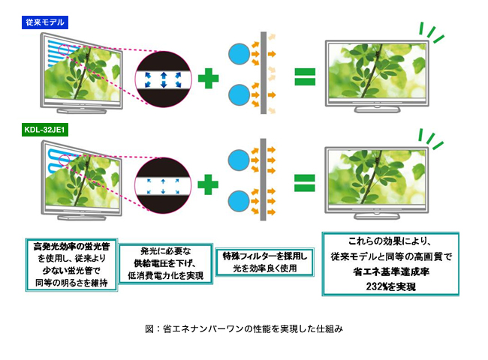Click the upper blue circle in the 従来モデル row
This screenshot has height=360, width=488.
[238, 54]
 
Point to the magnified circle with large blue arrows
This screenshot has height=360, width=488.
[162, 76]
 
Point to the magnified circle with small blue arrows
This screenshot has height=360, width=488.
[162, 182]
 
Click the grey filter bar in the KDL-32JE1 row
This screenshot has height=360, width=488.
[264, 180]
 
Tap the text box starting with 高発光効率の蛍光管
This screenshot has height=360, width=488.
[72, 265]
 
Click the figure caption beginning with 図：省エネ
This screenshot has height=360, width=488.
[243, 329]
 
